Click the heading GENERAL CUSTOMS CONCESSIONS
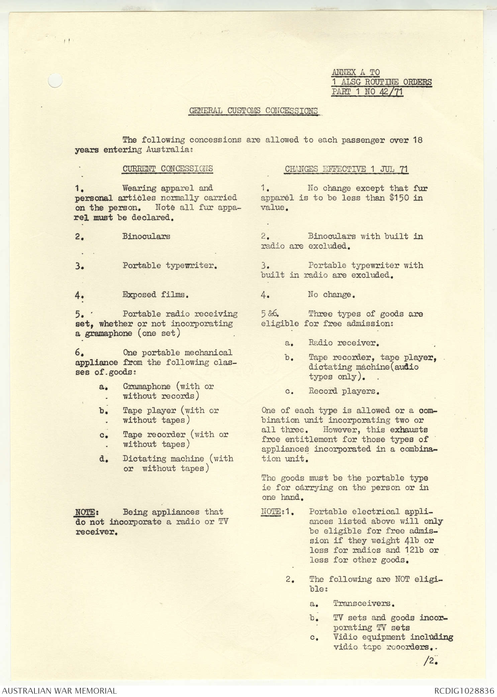point(253,111)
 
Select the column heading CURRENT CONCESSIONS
point(167,169)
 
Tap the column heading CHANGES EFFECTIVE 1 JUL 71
point(346,169)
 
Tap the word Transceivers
point(364,603)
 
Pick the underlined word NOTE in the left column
point(85,512)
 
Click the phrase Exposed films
point(156,295)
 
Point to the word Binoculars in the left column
point(146,236)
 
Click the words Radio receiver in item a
point(343,343)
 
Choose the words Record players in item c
point(343,391)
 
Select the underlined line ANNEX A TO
point(356,72)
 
